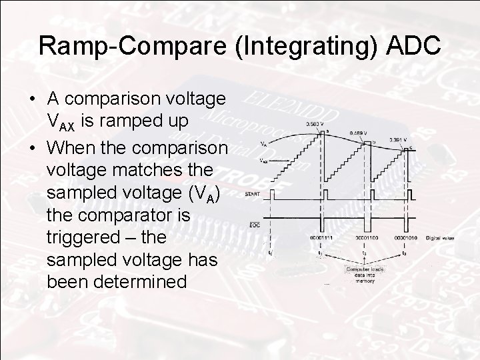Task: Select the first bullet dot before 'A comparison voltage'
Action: [x=33, y=99]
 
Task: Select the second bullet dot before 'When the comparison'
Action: [x=33, y=145]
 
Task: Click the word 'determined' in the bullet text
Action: [x=117, y=282]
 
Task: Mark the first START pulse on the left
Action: [x=272, y=194]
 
